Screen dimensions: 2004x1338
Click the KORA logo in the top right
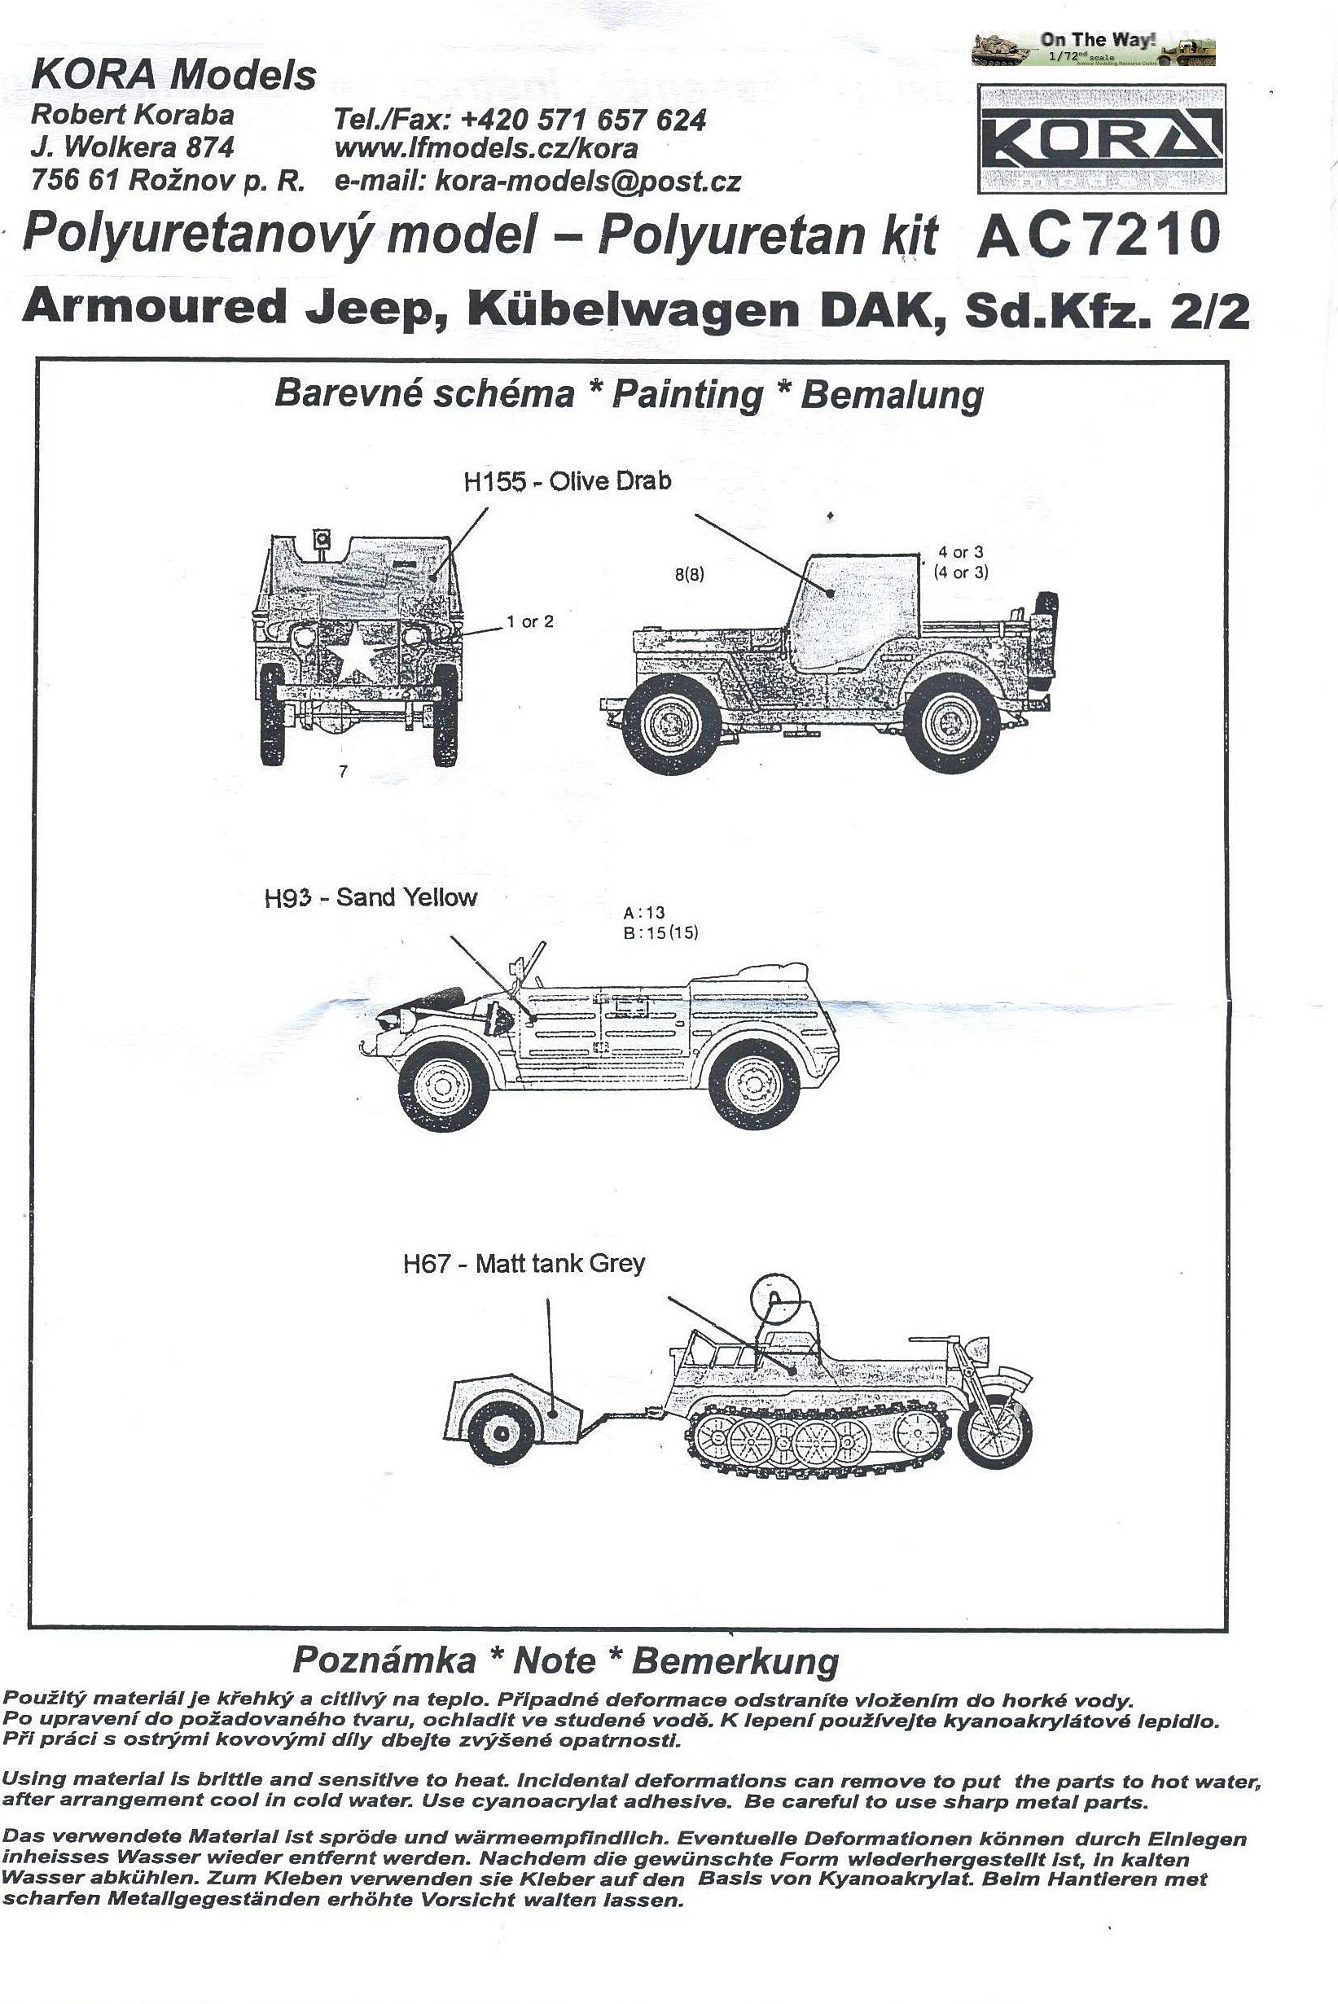click(x=1101, y=138)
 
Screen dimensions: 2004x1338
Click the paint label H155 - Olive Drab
click(x=568, y=481)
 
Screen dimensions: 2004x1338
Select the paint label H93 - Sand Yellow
click(x=371, y=897)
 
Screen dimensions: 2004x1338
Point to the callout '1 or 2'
click(x=530, y=622)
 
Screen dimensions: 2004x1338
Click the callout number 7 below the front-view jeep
click(x=343, y=771)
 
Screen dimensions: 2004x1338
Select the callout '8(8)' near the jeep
click(x=690, y=574)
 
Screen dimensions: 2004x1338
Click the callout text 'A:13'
click(x=644, y=913)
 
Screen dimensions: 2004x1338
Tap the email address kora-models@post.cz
click(x=587, y=181)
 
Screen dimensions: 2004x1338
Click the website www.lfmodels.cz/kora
click(x=485, y=148)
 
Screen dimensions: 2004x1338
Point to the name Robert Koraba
click(x=132, y=114)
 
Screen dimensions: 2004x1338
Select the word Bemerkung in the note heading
click(x=735, y=1660)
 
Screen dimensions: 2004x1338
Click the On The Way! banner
click(x=1094, y=48)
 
